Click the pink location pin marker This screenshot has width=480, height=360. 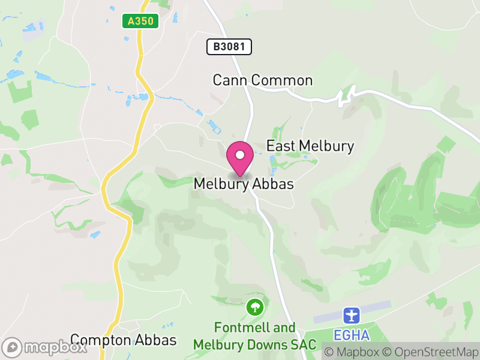(x=240, y=157)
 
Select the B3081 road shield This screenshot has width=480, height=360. (x=229, y=46)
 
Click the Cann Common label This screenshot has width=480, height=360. (x=263, y=80)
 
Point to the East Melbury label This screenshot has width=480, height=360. (x=310, y=146)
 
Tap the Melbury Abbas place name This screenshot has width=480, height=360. (x=244, y=184)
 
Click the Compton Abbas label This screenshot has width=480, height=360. (x=124, y=340)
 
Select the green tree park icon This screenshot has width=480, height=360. (x=255, y=308)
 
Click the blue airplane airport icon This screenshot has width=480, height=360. (x=351, y=314)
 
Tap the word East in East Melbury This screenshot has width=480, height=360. (x=280, y=146)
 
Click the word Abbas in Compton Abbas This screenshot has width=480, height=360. (x=158, y=340)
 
